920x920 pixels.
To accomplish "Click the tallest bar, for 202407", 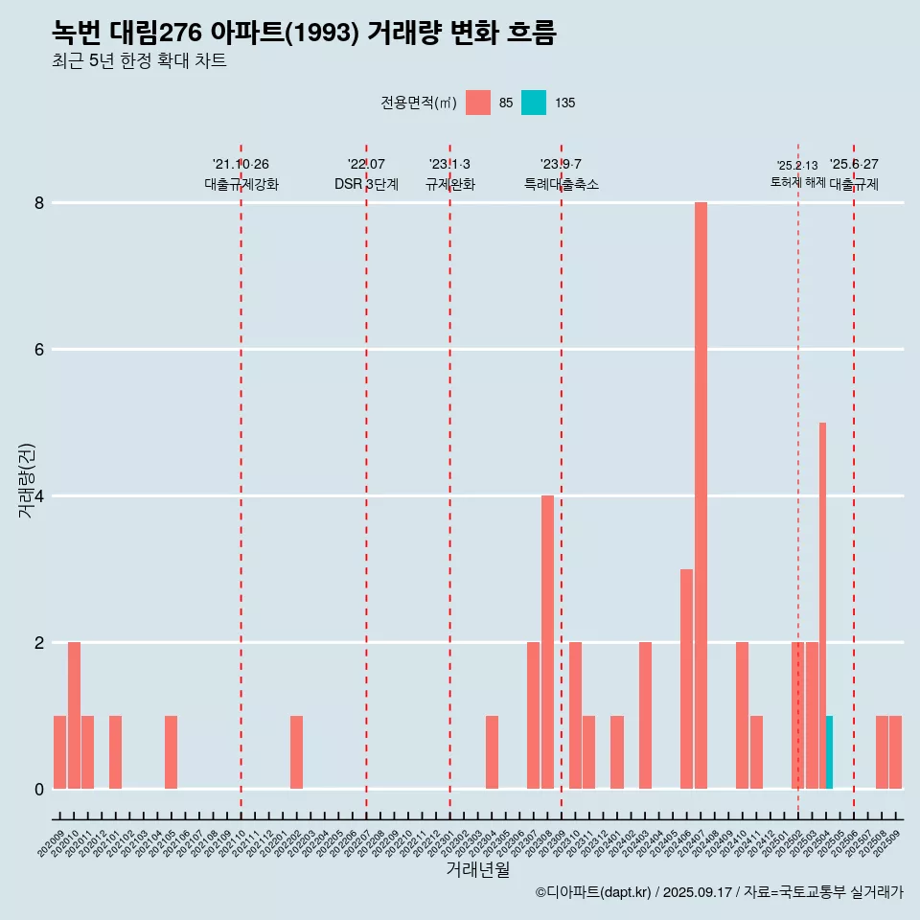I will (x=701, y=495).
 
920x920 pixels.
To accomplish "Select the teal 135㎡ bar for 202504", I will (x=829, y=752).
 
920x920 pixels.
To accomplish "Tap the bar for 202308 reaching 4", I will (x=547, y=642).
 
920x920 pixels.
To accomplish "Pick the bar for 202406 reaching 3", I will (x=686, y=678).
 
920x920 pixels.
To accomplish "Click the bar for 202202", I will (x=296, y=752).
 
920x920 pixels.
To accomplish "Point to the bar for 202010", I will (x=74, y=715).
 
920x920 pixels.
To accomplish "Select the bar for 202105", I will (x=171, y=752).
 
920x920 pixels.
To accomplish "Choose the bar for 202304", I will (x=492, y=752).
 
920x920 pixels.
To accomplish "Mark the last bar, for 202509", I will (x=895, y=752).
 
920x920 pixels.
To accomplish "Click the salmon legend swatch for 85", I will (x=477, y=103).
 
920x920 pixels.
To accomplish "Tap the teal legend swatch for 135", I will (x=534, y=103).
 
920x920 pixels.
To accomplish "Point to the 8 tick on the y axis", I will (x=40, y=203).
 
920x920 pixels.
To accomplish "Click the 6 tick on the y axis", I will (x=40, y=350).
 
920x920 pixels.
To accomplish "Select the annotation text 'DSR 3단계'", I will (x=366, y=184).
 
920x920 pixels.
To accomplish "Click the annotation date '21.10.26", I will (x=241, y=165).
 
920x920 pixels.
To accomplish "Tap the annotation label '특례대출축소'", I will (x=561, y=184).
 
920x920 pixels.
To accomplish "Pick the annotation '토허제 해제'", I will (x=797, y=182).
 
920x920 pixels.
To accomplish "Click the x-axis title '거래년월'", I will (x=477, y=870).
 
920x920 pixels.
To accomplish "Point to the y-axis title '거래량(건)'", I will (x=26, y=479).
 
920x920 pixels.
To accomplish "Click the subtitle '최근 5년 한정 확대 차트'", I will (x=139, y=61).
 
